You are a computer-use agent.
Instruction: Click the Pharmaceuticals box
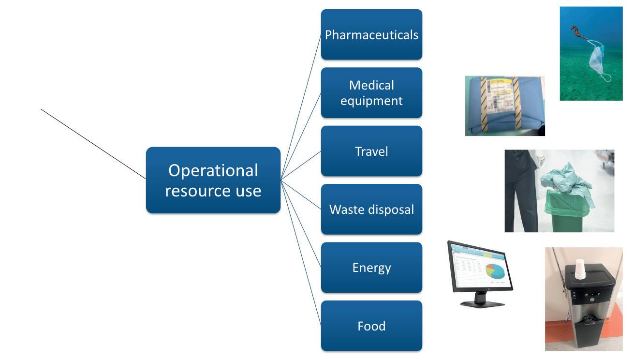tap(371, 35)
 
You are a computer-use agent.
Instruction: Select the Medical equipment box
tap(371, 93)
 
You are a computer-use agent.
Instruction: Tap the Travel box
tap(371, 151)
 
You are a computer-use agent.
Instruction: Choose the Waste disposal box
tap(371, 210)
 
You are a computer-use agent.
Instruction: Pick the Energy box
tap(371, 268)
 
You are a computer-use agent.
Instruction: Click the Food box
tap(371, 326)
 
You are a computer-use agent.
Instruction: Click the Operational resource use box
tap(213, 180)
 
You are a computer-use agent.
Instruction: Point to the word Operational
tap(213, 170)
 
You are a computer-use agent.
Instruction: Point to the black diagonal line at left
tap(92, 143)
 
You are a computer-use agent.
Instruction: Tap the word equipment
tap(371, 101)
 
